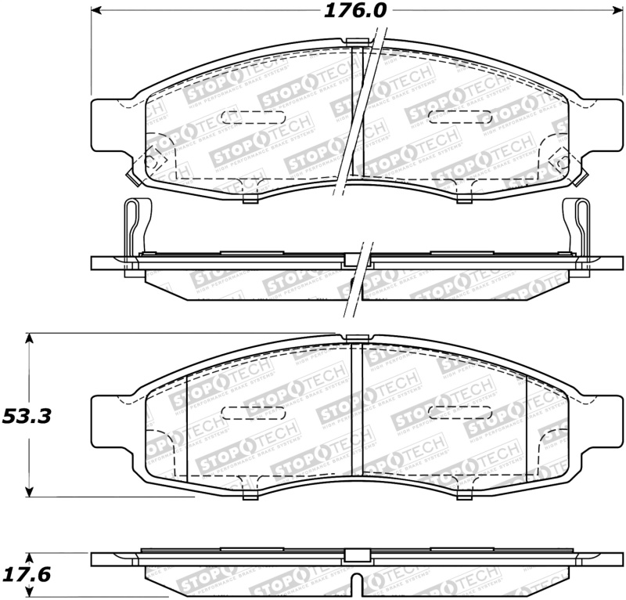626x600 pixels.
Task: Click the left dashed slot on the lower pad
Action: coord(243,412)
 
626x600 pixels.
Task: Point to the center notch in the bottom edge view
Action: coord(357,584)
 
